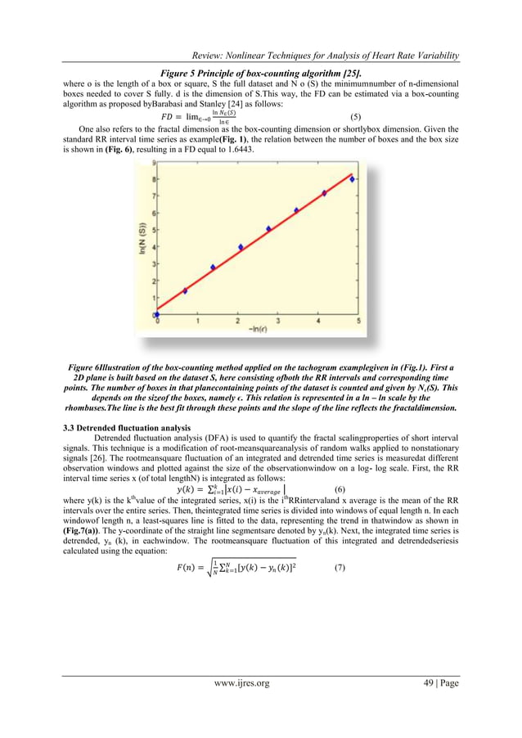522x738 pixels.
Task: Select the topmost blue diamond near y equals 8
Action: [353, 179]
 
